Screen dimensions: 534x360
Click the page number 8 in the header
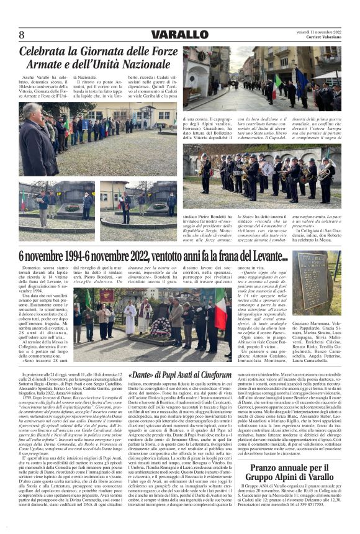22,34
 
